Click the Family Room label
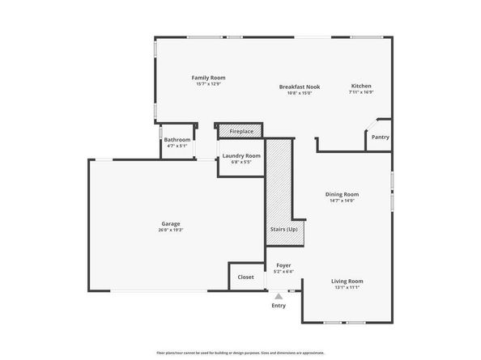click(x=207, y=77)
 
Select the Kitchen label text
click(x=360, y=86)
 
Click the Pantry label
click(x=380, y=137)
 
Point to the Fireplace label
click(x=241, y=131)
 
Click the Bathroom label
click(x=177, y=139)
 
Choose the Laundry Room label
click(x=241, y=155)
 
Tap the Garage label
click(x=170, y=223)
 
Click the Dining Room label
click(x=342, y=194)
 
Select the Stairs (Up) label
click(x=283, y=229)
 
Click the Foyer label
click(x=283, y=265)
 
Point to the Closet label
click(x=245, y=277)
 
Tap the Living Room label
click(x=346, y=281)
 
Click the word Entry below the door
click(x=279, y=306)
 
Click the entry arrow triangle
click(x=279, y=296)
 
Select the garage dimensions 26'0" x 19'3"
click(x=170, y=231)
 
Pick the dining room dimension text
click(x=342, y=201)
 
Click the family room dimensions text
click(x=207, y=84)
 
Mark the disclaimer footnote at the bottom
click(x=240, y=353)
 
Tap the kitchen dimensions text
click(x=360, y=92)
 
